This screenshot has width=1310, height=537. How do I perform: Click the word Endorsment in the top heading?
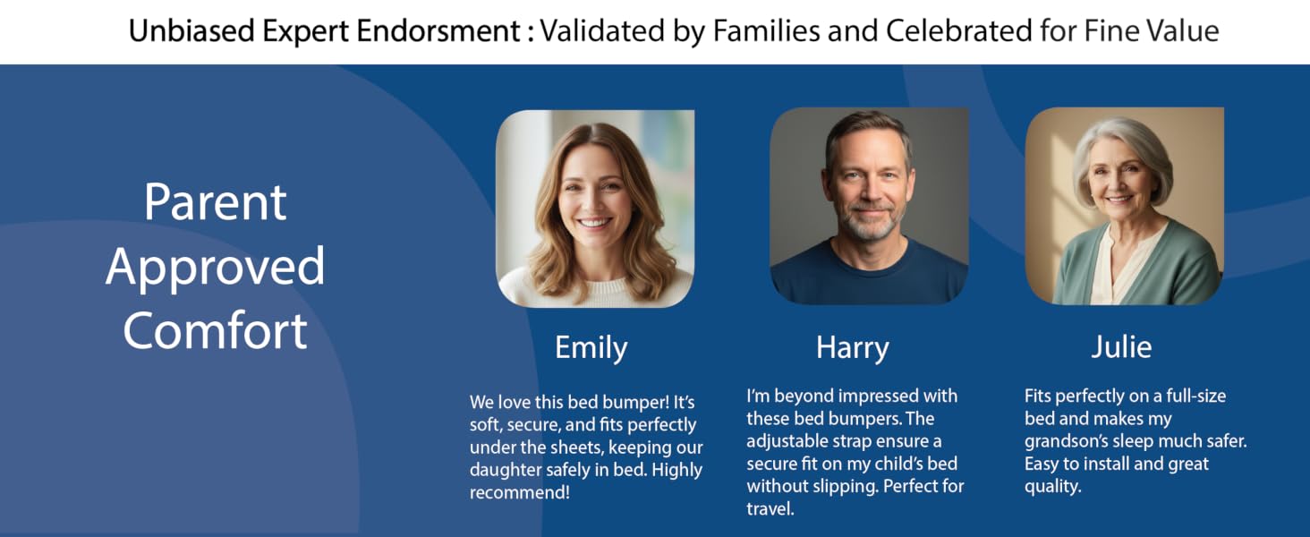[x=438, y=30]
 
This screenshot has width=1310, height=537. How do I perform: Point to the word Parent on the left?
[x=216, y=201]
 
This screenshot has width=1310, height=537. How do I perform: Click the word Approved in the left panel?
[x=216, y=266]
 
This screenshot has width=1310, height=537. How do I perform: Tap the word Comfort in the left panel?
[x=216, y=330]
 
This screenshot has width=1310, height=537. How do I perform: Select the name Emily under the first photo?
[x=591, y=348]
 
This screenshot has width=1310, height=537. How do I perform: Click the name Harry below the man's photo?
[x=853, y=348]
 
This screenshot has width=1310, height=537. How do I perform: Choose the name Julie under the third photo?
[x=1122, y=346]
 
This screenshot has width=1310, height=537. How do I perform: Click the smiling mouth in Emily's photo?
[x=595, y=222]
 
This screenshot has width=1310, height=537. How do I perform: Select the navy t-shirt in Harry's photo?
[x=869, y=275]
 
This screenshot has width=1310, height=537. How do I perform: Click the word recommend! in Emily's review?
[x=519, y=492]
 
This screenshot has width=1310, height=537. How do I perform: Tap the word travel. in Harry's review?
[x=770, y=509]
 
